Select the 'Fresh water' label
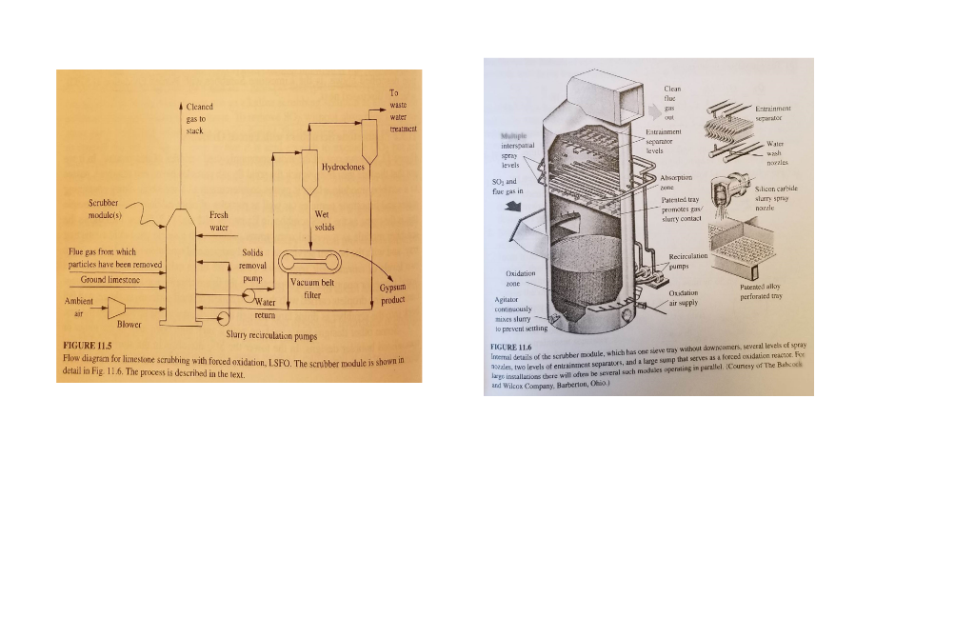coord(219,222)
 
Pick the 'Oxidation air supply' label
coord(683,298)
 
